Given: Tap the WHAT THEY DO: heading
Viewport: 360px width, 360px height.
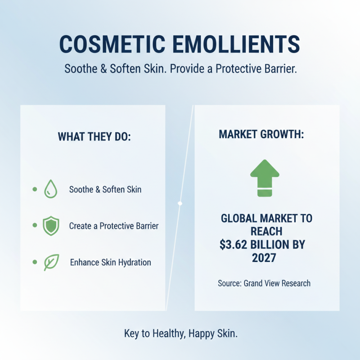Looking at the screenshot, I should (x=94, y=137).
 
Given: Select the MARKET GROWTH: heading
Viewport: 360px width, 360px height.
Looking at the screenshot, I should (x=261, y=135).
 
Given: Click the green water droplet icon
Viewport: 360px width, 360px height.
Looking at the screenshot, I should (x=50, y=189).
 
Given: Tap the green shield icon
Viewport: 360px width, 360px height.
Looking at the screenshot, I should (x=50, y=226).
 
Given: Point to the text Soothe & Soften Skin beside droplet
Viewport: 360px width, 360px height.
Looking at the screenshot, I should (x=105, y=189).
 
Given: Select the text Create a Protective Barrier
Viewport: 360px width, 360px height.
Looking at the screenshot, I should (x=114, y=226).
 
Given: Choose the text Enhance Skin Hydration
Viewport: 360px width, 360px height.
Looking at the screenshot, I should (x=111, y=262).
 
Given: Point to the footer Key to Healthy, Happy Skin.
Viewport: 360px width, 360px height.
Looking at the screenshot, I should (x=180, y=334).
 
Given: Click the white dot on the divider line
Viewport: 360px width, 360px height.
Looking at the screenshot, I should (x=180, y=203).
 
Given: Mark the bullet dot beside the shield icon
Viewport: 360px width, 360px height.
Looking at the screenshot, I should (x=35, y=225).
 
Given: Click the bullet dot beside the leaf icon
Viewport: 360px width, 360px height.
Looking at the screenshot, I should (x=35, y=262).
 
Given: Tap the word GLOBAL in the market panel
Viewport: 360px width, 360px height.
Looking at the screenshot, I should (x=239, y=219).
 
